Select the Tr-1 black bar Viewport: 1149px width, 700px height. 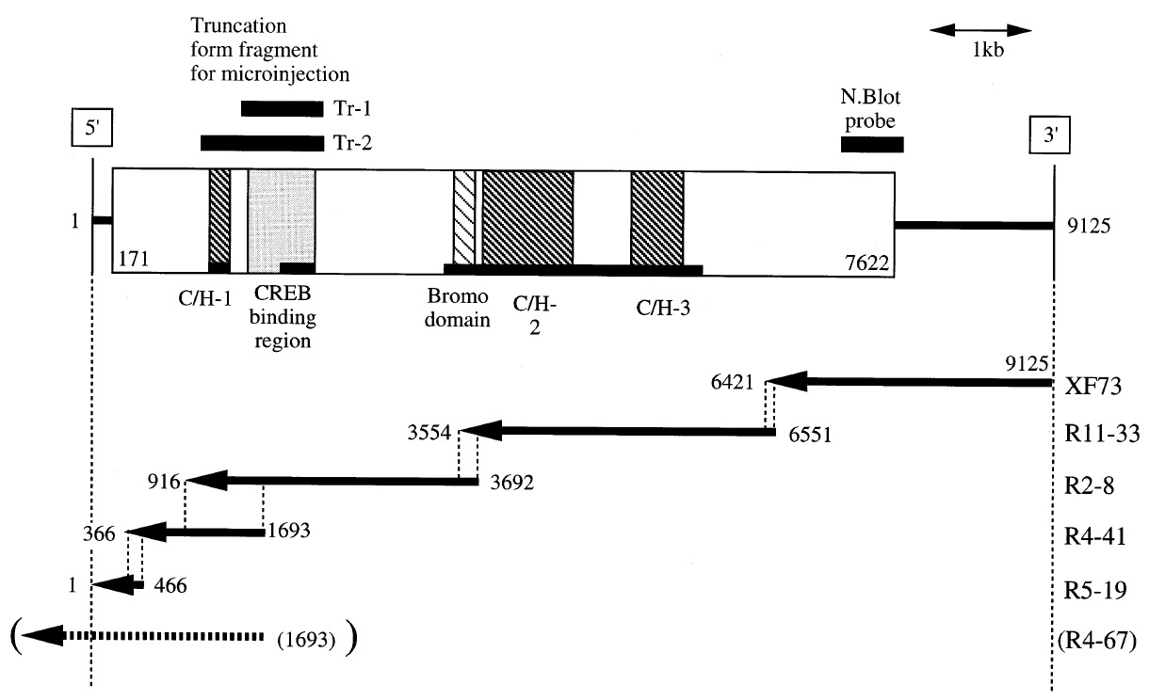pos(282,108)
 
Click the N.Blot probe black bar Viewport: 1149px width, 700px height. pos(871,144)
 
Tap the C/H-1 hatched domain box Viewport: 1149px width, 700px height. pos(219,217)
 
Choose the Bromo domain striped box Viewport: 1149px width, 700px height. pos(464,217)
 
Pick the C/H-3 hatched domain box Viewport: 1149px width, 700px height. pos(657,217)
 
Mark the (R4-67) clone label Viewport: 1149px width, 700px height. pos(1094,642)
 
